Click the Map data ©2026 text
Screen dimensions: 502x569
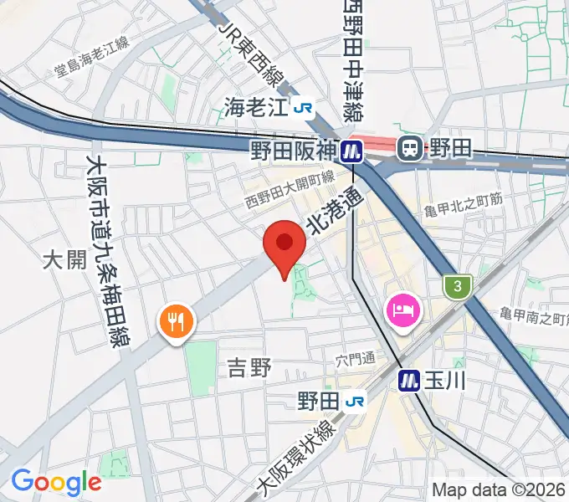pos(499,489)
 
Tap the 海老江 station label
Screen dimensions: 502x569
pos(255,106)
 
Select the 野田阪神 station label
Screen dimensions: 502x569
pos(292,149)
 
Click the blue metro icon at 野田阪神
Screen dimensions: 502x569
pos(351,149)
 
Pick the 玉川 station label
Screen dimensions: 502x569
pos(444,379)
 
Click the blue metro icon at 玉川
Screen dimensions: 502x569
pos(409,379)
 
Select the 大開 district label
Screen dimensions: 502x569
pos(64,260)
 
